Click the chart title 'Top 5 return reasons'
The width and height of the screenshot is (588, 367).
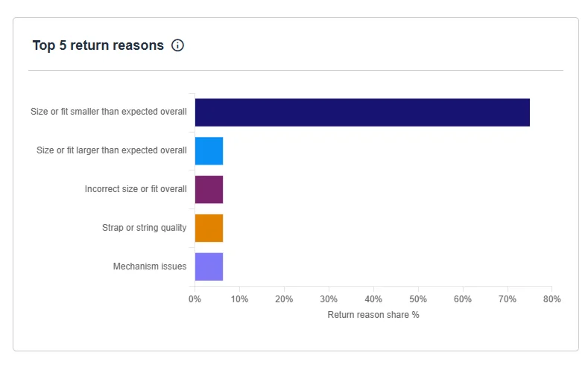98,45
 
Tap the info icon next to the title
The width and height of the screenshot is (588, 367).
177,45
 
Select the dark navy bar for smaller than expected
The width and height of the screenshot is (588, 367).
362,112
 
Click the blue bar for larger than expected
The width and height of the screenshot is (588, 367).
209,150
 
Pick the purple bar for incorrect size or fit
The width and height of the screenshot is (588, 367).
209,189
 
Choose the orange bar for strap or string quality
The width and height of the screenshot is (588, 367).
209,228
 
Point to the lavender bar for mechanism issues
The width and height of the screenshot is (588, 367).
209,267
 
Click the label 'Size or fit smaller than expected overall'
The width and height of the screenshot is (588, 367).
109,112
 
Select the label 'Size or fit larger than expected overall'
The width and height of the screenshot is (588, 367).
112,150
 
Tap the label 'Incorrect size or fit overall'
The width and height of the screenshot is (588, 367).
136,189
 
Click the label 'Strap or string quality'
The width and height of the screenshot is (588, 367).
145,228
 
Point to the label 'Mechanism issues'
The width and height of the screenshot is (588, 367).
150,267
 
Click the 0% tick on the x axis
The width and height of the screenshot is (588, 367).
195,299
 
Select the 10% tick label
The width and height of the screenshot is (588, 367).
239,299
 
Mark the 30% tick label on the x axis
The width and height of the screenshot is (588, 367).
329,299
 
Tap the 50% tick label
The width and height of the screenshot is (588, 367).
418,299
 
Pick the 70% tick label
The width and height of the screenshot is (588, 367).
508,299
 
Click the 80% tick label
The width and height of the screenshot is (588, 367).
551,299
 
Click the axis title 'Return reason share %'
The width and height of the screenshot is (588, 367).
373,315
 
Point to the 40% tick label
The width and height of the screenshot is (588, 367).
373,299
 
